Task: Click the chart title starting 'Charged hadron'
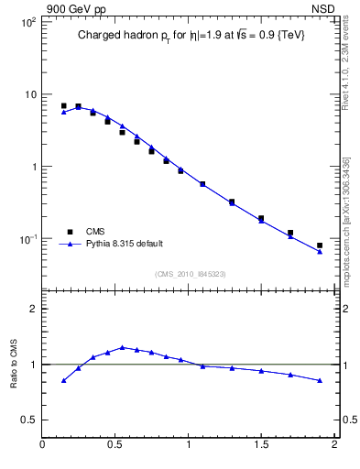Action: click(190, 35)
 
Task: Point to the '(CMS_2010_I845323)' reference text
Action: click(191, 273)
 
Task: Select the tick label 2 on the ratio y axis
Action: click(32, 310)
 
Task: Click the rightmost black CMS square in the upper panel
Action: click(320, 245)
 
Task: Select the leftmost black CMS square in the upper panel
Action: click(63, 106)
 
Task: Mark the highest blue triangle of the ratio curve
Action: click(122, 347)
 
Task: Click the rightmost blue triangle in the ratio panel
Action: click(320, 380)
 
